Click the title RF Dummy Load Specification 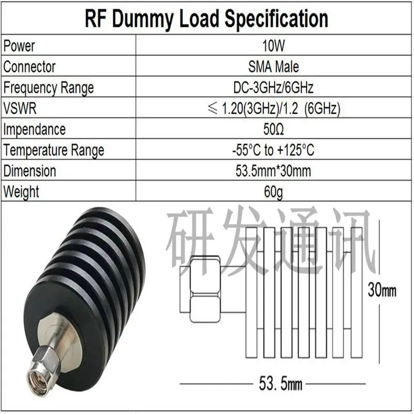pyautogui.click(x=206, y=18)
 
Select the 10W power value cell pyautogui.click(x=274, y=46)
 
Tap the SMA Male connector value pyautogui.click(x=274, y=67)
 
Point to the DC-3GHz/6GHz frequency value pyautogui.click(x=274, y=87)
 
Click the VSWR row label pyautogui.click(x=20, y=108)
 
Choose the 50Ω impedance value pyautogui.click(x=274, y=129)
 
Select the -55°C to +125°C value pyautogui.click(x=274, y=150)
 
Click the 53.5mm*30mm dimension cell pyautogui.click(x=274, y=171)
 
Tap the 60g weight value pyautogui.click(x=274, y=192)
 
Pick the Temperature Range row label pyautogui.click(x=54, y=151)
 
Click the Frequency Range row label pyautogui.click(x=49, y=88)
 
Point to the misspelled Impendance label pyautogui.click(x=34, y=130)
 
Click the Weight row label pyautogui.click(x=21, y=192)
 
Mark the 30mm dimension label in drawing pyautogui.click(x=382, y=290)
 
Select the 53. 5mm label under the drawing pyautogui.click(x=280, y=383)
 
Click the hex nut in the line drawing pyautogui.click(x=205, y=290)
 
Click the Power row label pyautogui.click(x=19, y=46)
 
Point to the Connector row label pyautogui.click(x=29, y=67)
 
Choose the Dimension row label pyautogui.click(x=29, y=171)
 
